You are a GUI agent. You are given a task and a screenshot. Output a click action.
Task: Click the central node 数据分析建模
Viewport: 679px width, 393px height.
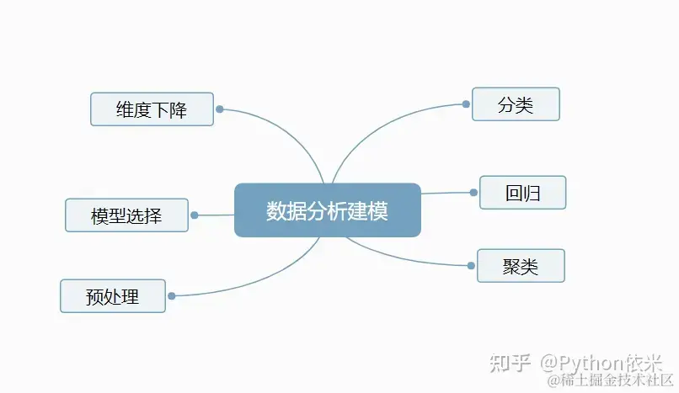(x=327, y=210)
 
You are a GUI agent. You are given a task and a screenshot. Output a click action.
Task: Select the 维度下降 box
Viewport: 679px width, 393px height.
(x=152, y=109)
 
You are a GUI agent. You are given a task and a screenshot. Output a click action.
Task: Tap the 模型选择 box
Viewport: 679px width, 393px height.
(x=126, y=215)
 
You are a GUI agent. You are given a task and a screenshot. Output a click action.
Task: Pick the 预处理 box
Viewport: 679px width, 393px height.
(x=113, y=296)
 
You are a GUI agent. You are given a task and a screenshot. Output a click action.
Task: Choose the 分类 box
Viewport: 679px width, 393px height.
(x=516, y=104)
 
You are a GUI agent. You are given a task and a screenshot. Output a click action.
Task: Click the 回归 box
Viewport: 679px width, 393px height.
(x=522, y=193)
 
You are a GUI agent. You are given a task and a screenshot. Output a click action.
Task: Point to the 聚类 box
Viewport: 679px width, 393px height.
(x=520, y=266)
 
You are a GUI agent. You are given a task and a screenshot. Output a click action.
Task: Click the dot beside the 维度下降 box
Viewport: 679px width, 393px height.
(x=219, y=109)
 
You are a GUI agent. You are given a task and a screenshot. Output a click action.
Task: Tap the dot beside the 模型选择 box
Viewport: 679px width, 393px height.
(x=194, y=215)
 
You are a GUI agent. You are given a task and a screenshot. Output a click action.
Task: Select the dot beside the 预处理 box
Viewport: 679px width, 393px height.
(x=172, y=296)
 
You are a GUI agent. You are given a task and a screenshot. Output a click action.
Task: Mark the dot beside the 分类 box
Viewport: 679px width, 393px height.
(x=466, y=104)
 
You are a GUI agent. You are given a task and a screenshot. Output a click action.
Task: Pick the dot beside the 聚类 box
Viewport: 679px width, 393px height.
(x=471, y=266)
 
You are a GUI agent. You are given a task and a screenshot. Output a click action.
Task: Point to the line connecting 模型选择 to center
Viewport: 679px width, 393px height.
(x=215, y=215)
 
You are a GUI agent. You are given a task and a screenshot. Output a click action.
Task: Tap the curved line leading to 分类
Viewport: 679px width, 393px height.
(x=379, y=126)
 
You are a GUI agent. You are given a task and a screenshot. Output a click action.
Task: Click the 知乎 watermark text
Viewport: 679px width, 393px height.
(x=511, y=363)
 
